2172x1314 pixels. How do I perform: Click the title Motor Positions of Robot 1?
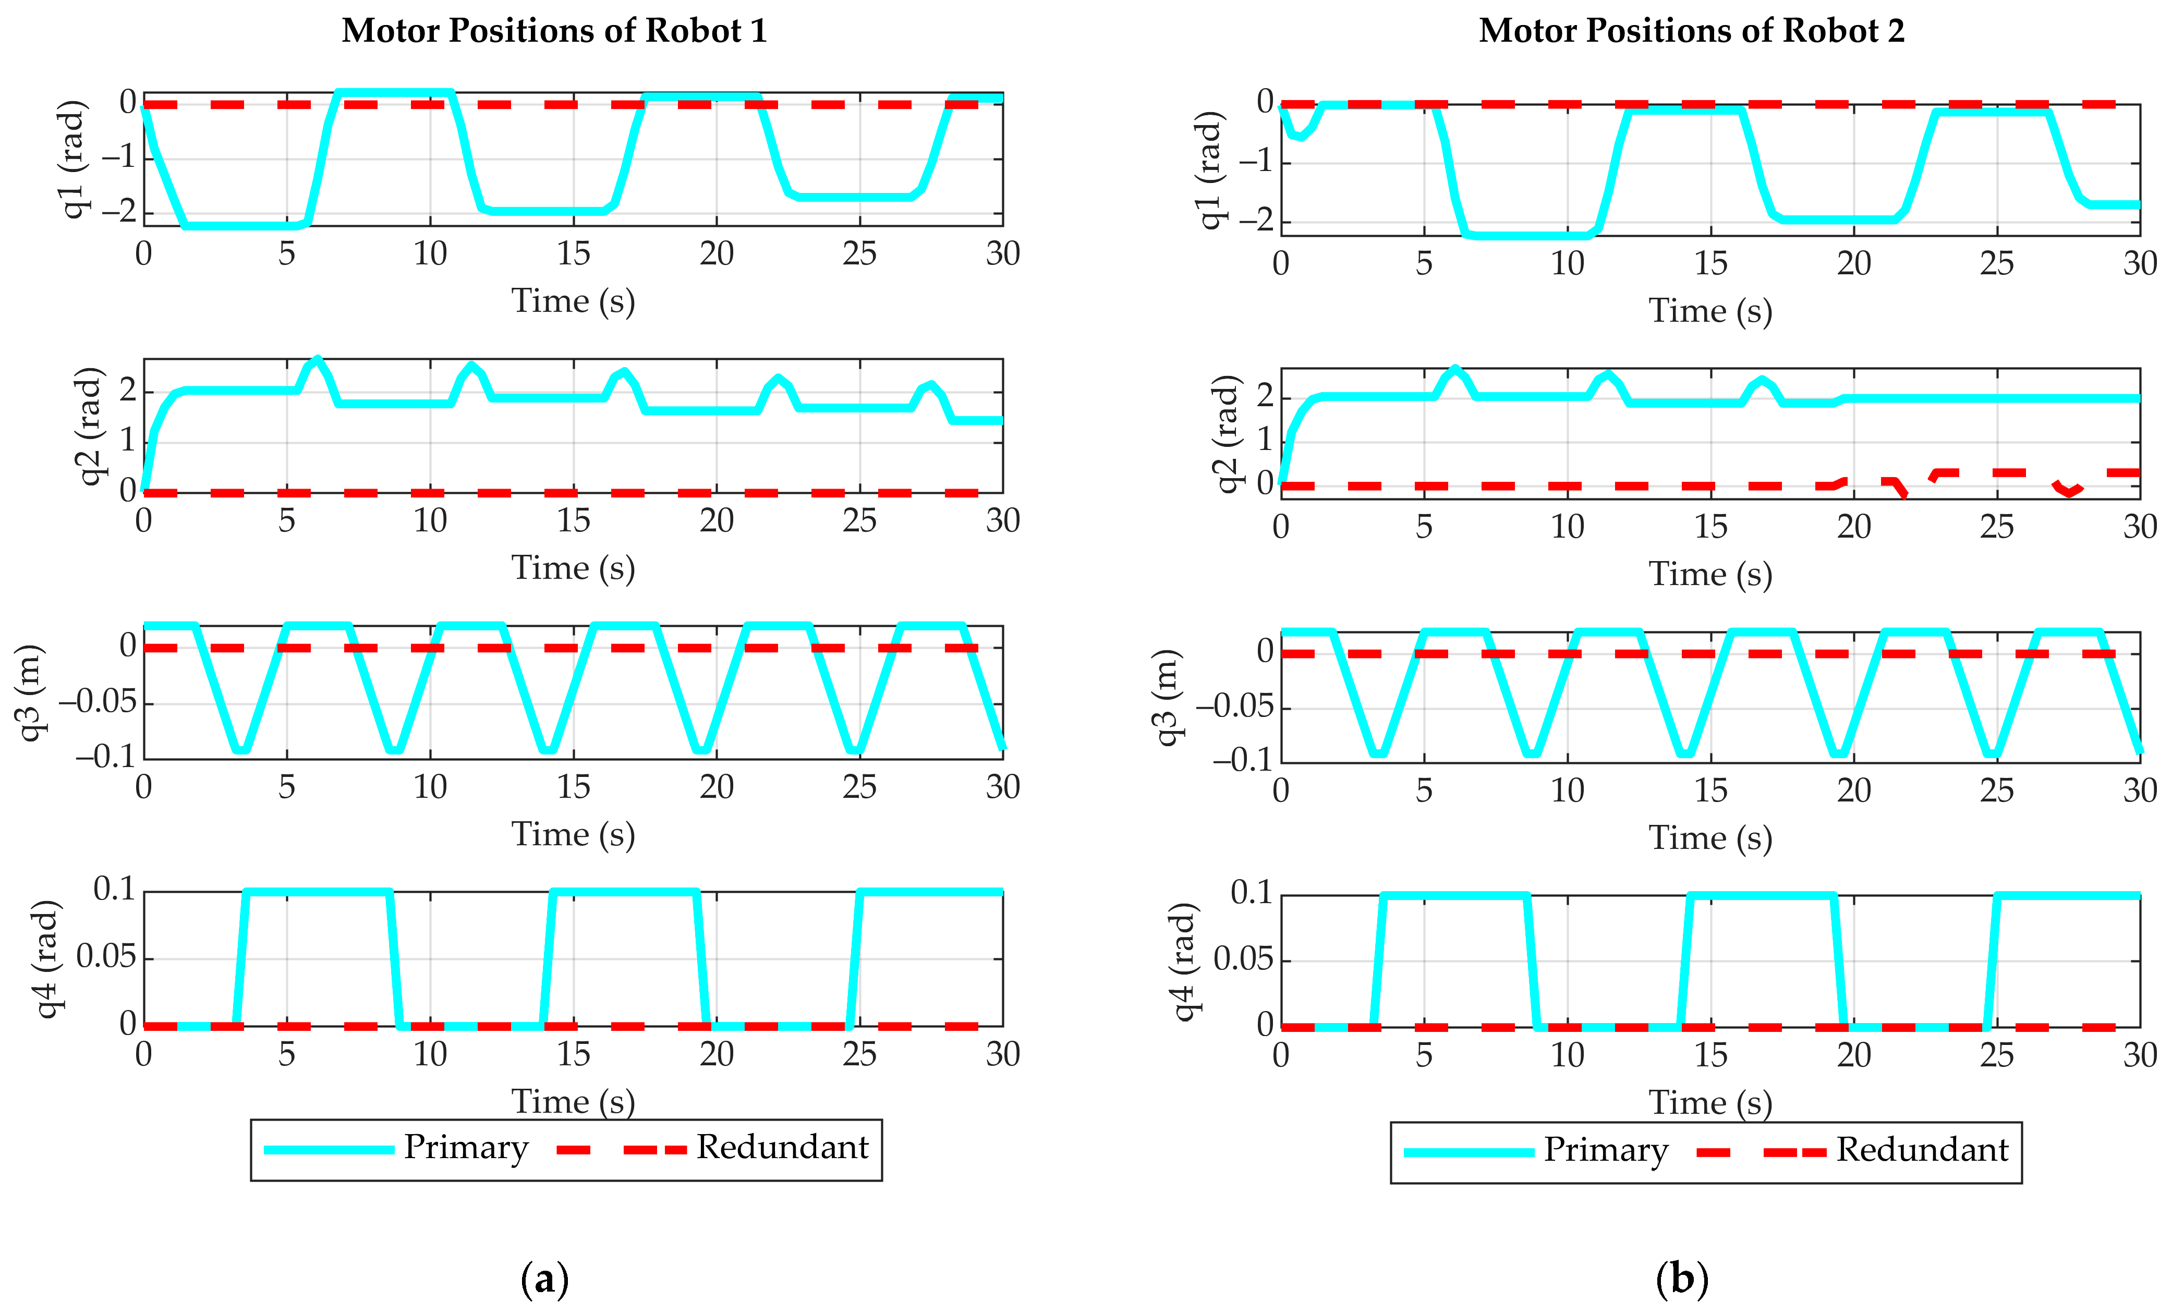[554, 31]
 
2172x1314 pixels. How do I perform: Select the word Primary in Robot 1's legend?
[465, 1148]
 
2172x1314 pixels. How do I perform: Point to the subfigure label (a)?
[545, 1278]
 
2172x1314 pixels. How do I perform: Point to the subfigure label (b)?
[1682, 1278]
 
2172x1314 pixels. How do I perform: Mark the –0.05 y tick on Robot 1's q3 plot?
[99, 702]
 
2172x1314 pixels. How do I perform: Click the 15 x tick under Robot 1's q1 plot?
[573, 254]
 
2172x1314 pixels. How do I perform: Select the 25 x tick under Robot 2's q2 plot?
[1997, 527]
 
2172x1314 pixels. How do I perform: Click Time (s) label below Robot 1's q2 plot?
[573, 568]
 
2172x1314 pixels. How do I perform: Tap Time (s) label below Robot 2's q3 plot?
[1710, 838]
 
